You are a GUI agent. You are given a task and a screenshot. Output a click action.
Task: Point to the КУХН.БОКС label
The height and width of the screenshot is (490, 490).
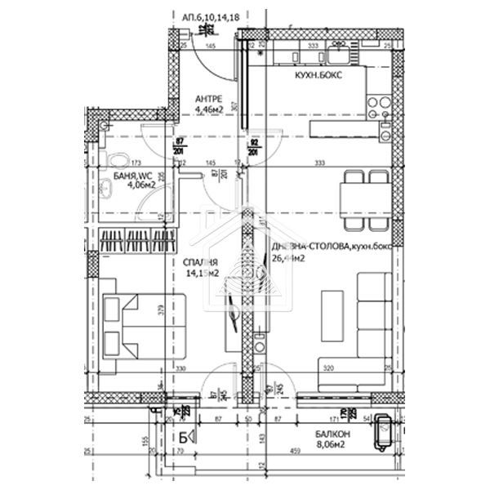click(318, 74)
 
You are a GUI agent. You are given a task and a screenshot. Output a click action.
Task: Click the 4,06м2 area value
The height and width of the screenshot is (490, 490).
click(140, 184)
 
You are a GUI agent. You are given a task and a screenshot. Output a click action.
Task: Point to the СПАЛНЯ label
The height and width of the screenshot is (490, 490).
click(200, 262)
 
